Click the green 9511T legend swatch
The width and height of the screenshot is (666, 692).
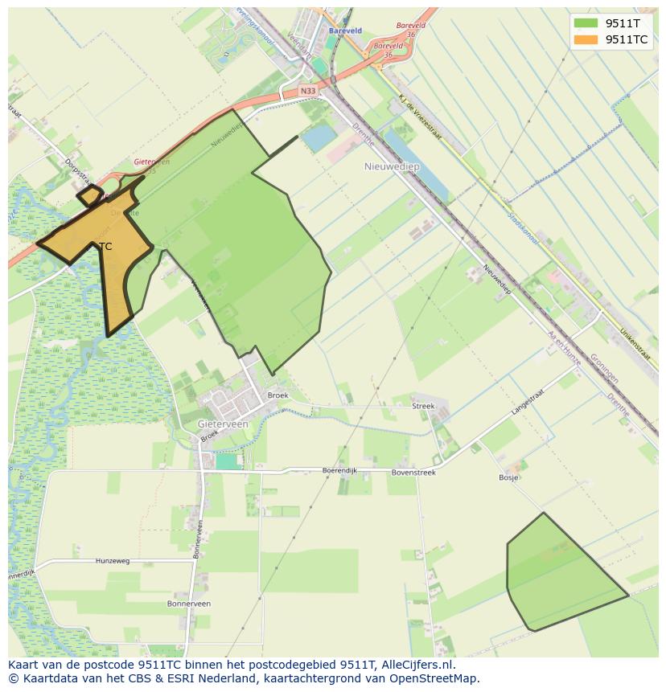[586, 23]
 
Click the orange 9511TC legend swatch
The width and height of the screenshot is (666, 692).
[586, 39]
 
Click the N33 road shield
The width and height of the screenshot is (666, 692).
[308, 92]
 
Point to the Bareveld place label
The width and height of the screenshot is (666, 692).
[345, 31]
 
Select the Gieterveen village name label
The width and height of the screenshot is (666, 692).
[223, 423]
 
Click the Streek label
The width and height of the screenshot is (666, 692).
[423, 407]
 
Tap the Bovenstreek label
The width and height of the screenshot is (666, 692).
[413, 473]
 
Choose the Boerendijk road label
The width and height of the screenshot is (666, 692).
[339, 470]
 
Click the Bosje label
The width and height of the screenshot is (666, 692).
[508, 477]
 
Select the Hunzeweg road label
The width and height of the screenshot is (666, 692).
[112, 561]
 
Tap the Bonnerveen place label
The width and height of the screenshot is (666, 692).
[188, 604]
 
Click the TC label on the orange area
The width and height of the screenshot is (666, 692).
[105, 247]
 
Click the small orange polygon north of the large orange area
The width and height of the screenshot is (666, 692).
[89, 194]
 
